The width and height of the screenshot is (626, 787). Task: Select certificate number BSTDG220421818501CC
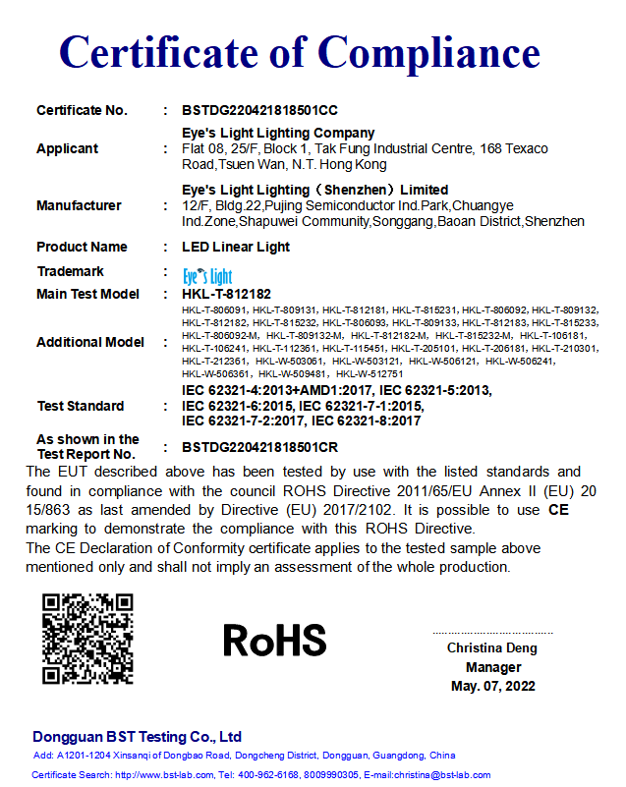260,110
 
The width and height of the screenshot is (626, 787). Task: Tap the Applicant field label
67,148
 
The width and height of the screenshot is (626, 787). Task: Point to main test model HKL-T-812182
226,294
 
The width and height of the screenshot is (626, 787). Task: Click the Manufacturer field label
79,205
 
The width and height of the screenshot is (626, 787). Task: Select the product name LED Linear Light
236,247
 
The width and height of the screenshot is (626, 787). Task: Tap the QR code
86,639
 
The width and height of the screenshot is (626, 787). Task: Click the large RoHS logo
274,640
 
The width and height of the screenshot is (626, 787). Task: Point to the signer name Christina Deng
493,648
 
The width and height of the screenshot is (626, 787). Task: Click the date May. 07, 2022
493,686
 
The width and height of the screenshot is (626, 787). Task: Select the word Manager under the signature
493,667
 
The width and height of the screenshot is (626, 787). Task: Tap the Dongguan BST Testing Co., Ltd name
137,737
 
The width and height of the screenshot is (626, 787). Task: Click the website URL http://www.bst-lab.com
164,775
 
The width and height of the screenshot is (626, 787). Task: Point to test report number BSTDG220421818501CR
260,447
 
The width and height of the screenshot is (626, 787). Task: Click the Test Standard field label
81,406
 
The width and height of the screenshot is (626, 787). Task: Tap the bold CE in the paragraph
558,510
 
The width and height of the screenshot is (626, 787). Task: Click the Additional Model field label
89,342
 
